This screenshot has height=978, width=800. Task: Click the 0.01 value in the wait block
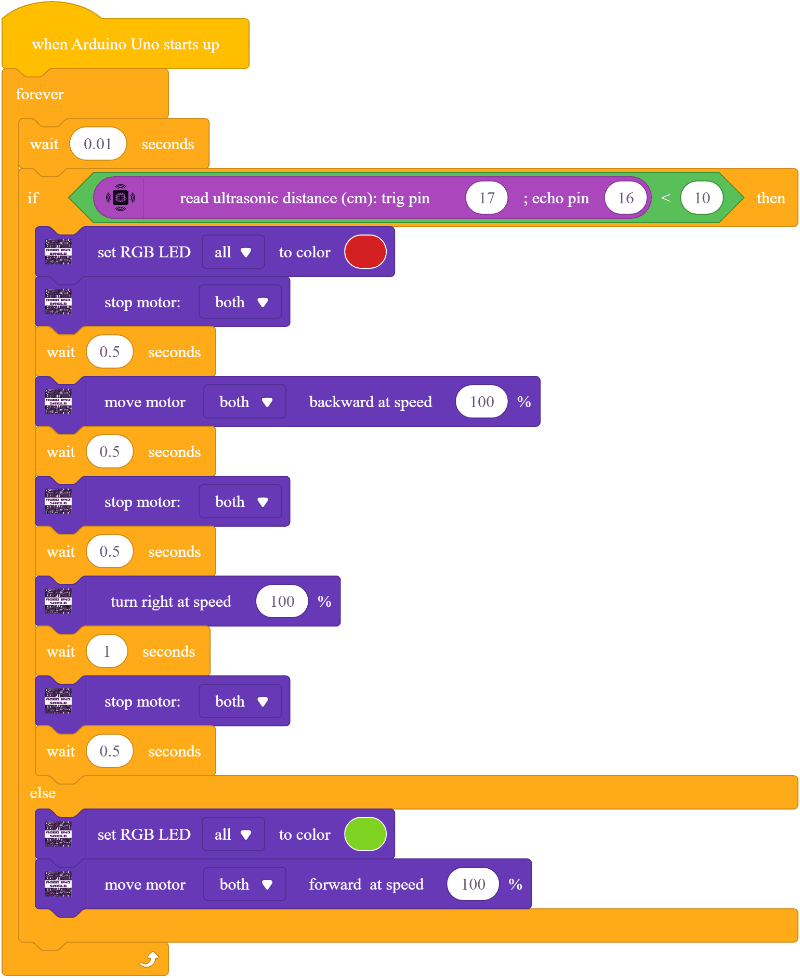[x=98, y=144]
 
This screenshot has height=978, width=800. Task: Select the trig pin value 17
[x=487, y=198]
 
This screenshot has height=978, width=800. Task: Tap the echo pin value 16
[x=625, y=198]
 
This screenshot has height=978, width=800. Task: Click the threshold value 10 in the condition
[x=702, y=198]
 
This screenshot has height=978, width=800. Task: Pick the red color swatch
[x=365, y=252]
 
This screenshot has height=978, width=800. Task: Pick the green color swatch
[x=365, y=834]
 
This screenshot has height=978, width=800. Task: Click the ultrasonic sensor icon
[x=121, y=198]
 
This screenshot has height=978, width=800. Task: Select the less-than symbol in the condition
[x=665, y=198]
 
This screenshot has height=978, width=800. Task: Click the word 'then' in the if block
[x=770, y=198]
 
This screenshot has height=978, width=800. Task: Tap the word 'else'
[x=43, y=793]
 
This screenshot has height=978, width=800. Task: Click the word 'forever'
[x=40, y=94]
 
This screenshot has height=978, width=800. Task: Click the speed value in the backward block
[x=481, y=402]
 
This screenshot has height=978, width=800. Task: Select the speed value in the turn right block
[x=282, y=602]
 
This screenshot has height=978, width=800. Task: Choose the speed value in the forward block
[x=473, y=884]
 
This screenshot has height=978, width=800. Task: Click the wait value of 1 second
[x=107, y=651]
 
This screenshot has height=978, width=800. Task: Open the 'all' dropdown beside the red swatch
[x=233, y=252]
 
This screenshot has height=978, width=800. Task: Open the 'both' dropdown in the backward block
[x=245, y=402]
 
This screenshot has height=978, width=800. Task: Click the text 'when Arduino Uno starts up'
[x=125, y=44]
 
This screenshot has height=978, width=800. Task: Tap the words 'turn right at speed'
[x=171, y=602]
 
